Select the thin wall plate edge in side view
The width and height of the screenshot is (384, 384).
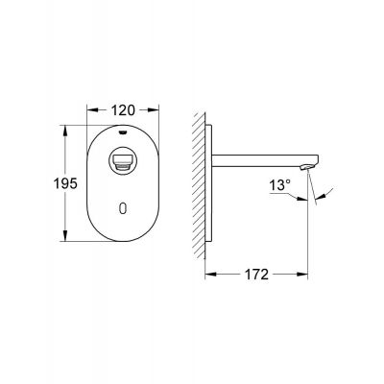click(207, 181)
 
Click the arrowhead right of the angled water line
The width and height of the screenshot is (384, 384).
click(323, 199)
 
